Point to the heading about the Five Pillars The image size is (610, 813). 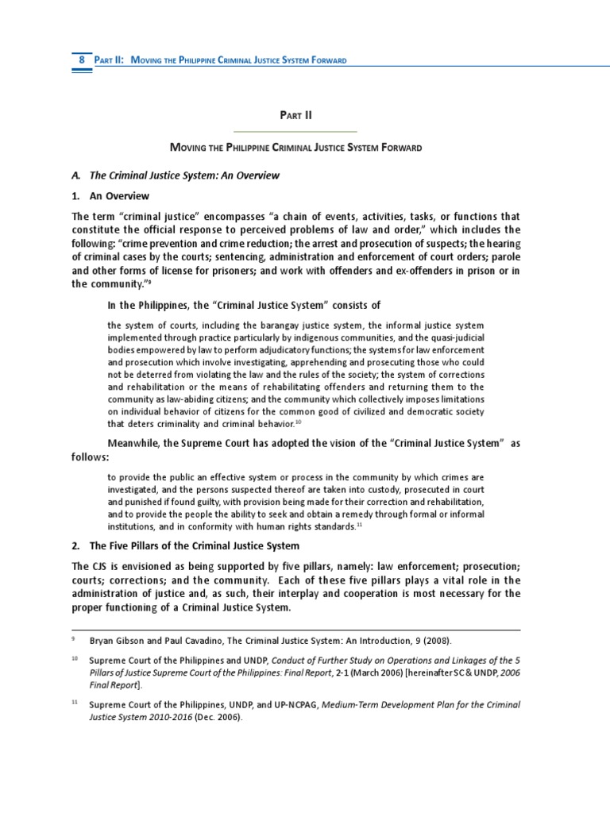[185, 545]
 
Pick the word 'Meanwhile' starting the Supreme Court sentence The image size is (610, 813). [135, 443]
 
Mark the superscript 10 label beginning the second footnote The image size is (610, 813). [74, 658]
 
